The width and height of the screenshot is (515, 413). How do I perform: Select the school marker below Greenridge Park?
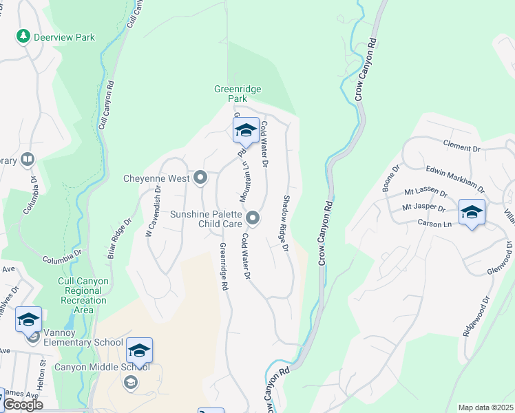[246, 130]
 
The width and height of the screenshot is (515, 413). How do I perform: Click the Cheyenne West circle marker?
[200, 178]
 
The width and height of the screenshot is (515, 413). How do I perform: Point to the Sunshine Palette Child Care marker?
[253, 218]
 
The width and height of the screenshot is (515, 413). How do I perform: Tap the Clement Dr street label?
[461, 148]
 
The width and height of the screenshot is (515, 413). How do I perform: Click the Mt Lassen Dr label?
[425, 193]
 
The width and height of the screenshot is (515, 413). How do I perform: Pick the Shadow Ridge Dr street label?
[284, 223]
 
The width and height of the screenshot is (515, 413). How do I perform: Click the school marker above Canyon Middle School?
[139, 351]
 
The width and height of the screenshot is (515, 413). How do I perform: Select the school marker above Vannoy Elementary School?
[28, 320]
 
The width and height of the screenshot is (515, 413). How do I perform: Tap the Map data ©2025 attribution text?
[485, 407]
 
